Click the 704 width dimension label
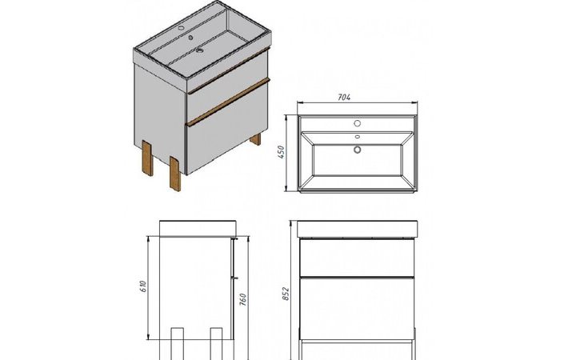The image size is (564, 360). point(344,97)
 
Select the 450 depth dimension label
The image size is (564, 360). point(281,152)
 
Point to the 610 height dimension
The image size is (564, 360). point(142,286)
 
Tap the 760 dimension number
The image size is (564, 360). point(242,299)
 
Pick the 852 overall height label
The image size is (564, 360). point(286,294)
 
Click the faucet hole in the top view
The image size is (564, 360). point(357,123)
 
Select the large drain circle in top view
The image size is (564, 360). point(357,150)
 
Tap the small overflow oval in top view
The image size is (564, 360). point(357,137)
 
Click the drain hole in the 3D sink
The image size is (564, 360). point(199,50)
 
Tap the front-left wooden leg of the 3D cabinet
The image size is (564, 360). point(147,158)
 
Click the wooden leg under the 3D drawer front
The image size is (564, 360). point(175,174)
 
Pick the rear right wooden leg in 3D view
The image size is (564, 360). point(255,139)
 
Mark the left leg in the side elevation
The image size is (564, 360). point(178,343)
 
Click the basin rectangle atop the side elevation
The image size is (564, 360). point(198,228)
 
